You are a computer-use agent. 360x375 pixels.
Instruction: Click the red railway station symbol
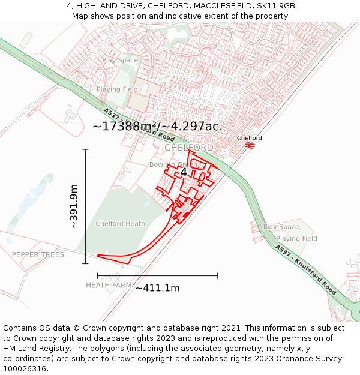pos(250,145)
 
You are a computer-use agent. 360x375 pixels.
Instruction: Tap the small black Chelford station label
pos(249,138)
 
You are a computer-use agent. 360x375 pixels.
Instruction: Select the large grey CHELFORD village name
pos(188,148)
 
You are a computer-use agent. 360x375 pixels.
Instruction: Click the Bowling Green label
pos(173,164)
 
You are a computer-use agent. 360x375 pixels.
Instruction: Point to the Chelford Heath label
pos(120,224)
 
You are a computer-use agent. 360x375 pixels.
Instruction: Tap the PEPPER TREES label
pos(38,255)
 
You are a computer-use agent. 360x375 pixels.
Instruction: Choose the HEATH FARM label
pos(109,286)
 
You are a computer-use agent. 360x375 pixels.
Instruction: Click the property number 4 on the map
pos(184,173)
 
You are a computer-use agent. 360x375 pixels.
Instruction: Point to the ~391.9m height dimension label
pos(74,206)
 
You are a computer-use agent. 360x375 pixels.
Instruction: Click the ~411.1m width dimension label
pos(157,288)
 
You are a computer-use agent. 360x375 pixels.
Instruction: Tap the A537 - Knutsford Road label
pos(306,268)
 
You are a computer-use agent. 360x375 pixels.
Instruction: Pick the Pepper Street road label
pos(25,112)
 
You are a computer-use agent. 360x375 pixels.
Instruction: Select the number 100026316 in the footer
pos(25,369)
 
